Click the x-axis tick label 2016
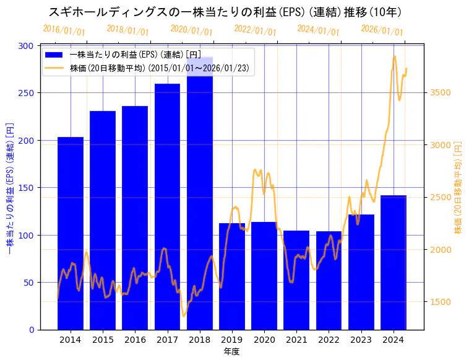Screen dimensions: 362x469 click(x=135, y=340)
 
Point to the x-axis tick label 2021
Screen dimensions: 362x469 click(x=296, y=340)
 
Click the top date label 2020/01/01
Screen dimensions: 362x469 click(x=191, y=31)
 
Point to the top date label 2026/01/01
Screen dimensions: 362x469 click(x=382, y=31)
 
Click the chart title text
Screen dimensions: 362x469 click(x=225, y=12)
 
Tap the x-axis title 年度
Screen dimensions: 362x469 click(x=231, y=351)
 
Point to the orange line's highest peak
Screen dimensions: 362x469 click(x=395, y=56)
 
